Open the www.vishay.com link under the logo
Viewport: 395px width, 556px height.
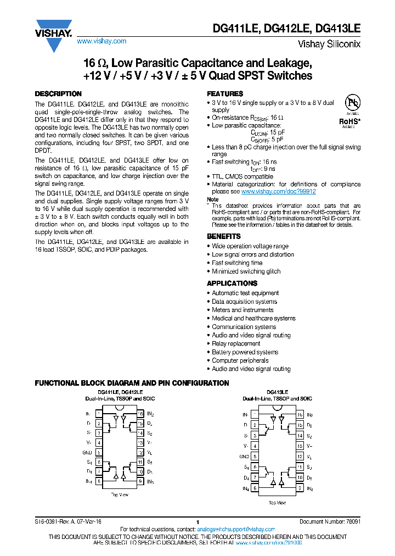tap(101, 41)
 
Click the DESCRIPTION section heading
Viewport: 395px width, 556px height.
tap(58, 94)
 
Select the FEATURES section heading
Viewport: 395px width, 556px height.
tap(225, 94)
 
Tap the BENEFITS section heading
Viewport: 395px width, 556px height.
tap(223, 236)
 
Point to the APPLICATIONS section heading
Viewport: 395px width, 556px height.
tap(232, 283)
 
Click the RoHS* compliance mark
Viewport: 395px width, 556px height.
tap(349, 121)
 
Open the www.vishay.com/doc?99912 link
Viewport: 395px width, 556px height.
tap(278, 192)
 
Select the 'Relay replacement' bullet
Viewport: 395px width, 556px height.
tap(236, 344)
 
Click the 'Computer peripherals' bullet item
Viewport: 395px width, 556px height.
tap(240, 361)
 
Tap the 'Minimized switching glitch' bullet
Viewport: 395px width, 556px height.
tap(246, 271)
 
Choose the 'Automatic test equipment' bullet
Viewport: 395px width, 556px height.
tap(245, 293)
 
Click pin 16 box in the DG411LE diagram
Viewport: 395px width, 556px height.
tap(140, 414)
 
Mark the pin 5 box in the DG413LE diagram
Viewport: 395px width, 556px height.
tap(255, 457)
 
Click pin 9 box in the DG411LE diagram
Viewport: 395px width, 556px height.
tap(140, 481)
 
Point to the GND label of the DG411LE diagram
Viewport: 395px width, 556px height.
tap(87, 453)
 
